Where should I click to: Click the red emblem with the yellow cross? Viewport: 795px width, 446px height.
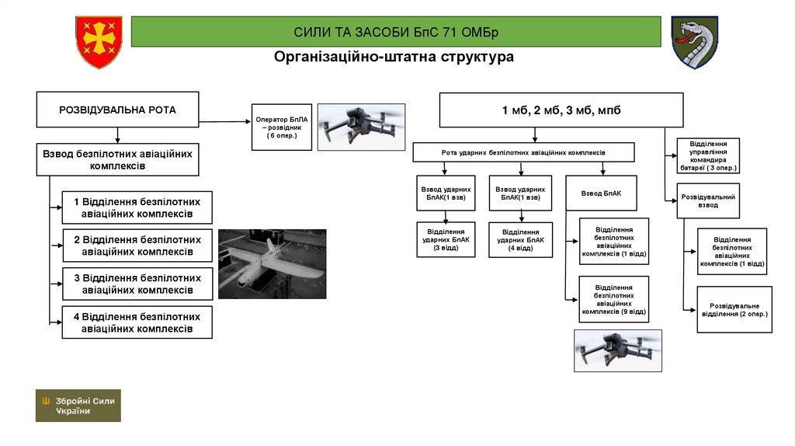[x=99, y=42]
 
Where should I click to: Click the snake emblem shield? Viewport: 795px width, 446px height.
[x=694, y=42]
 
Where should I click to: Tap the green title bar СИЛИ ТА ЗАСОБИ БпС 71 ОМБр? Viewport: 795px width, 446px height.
[x=396, y=32]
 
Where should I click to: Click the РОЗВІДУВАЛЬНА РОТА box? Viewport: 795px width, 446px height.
[x=117, y=110]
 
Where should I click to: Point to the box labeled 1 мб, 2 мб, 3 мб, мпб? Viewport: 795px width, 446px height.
[x=561, y=110]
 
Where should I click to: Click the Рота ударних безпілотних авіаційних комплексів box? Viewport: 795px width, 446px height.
[x=523, y=152]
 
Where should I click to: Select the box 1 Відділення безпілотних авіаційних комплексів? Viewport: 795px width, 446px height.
[x=137, y=207]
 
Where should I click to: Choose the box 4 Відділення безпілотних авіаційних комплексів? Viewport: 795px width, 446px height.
[x=137, y=322]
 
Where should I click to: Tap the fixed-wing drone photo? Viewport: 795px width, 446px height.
[x=272, y=263]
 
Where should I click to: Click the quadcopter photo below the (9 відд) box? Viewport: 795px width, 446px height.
[x=617, y=350]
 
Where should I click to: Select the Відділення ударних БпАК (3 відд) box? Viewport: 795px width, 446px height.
[x=446, y=240]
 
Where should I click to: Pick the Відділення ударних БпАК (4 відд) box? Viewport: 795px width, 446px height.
[x=520, y=240]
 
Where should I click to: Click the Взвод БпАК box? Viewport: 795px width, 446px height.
[x=602, y=193]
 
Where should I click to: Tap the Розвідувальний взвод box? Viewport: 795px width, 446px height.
[x=708, y=201]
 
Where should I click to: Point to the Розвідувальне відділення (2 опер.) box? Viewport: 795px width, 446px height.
[x=734, y=309]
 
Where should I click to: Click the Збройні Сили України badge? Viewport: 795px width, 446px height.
[x=78, y=405]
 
